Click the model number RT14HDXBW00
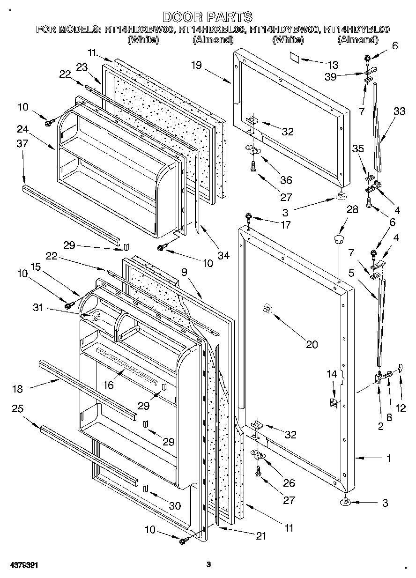pyautogui.click(x=139, y=30)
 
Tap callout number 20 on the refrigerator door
pyautogui.click(x=312, y=344)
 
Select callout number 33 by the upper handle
pyautogui.click(x=399, y=111)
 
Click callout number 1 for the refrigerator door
pyautogui.click(x=388, y=459)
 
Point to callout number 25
pyautogui.click(x=17, y=409)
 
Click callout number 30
pyautogui.click(x=174, y=505)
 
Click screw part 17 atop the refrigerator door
pyautogui.click(x=248, y=217)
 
